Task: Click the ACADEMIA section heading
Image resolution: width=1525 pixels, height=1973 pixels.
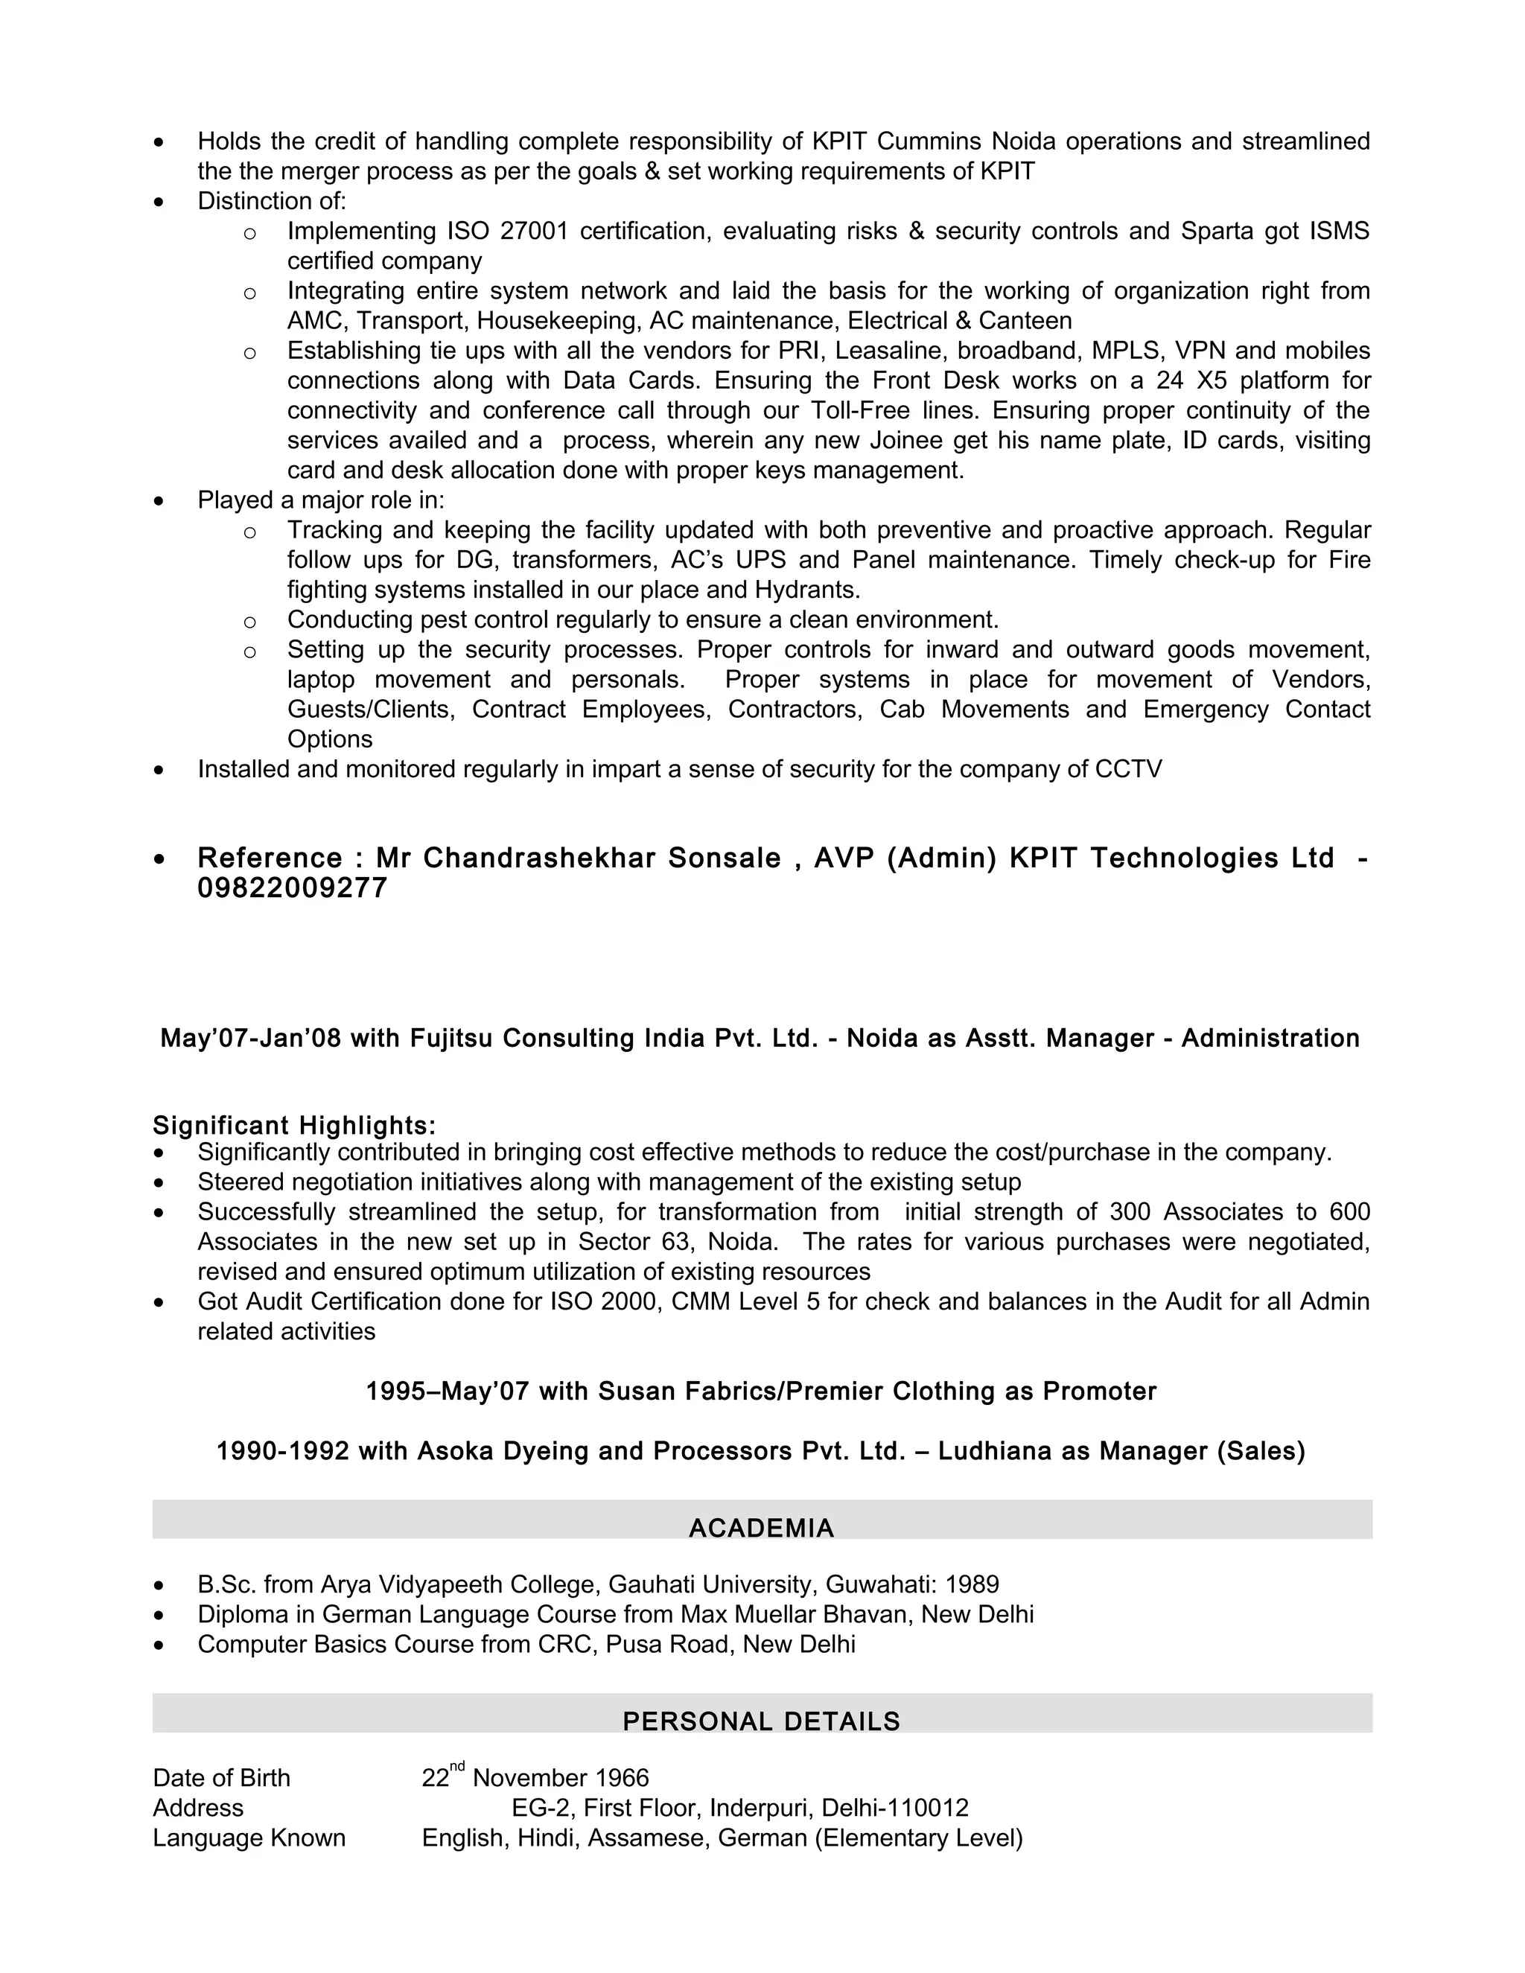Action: (761, 1529)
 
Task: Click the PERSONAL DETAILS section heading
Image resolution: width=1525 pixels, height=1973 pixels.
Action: (761, 1722)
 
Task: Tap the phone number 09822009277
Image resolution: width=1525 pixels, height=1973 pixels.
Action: (292, 889)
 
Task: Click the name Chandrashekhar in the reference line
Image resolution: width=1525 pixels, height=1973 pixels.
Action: (538, 858)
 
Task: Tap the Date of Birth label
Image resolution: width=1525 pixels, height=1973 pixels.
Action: (221, 1779)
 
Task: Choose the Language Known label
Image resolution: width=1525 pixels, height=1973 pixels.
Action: (249, 1838)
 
